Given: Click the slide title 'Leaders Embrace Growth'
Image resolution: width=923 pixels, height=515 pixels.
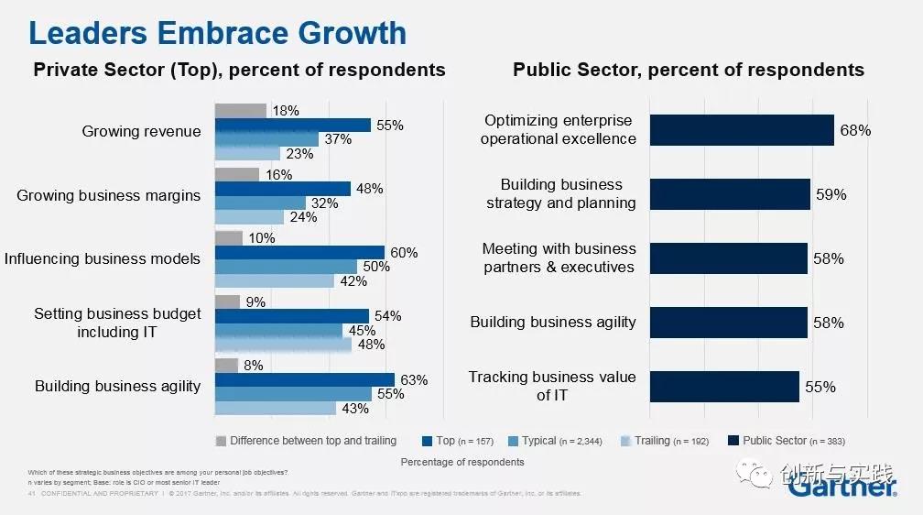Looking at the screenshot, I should click(x=218, y=33).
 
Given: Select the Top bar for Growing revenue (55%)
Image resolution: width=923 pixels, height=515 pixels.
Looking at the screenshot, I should click(x=292, y=126).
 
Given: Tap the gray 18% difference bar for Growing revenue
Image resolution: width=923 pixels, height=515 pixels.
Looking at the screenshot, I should click(x=241, y=111).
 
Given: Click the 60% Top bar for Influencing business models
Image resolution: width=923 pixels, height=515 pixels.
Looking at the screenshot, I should click(x=299, y=253).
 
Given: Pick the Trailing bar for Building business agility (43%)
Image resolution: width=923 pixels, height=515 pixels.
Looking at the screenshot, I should click(x=276, y=409).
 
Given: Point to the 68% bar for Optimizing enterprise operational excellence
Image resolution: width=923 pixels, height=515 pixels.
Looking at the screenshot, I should click(x=742, y=130).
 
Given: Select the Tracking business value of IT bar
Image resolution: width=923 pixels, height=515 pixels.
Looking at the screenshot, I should click(x=724, y=387).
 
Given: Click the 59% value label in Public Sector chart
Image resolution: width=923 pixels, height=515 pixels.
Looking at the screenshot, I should click(x=831, y=195).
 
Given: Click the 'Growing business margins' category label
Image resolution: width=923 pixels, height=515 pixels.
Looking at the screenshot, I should click(x=109, y=195).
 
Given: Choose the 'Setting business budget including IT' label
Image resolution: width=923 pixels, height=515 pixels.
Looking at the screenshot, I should click(x=117, y=323).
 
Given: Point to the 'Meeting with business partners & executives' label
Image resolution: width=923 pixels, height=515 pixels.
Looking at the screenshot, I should click(x=559, y=258).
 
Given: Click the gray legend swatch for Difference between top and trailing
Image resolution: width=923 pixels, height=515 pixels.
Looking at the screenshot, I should click(x=220, y=441).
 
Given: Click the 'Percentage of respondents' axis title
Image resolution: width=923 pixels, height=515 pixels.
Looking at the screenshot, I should click(x=462, y=462).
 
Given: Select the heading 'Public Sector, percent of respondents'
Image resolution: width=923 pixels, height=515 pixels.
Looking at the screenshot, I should click(x=688, y=70).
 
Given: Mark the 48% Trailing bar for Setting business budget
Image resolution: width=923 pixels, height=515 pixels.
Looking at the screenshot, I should click(x=283, y=345).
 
